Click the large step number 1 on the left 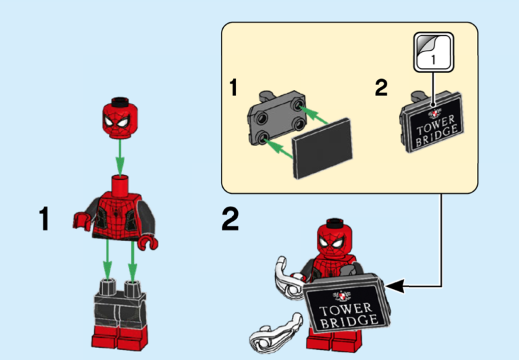pos(45,220)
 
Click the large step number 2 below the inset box pos(231,220)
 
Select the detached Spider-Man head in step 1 pos(119,119)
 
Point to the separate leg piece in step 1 pos(120,311)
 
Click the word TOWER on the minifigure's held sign pos(345,309)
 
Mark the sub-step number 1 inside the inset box pos(233,88)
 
